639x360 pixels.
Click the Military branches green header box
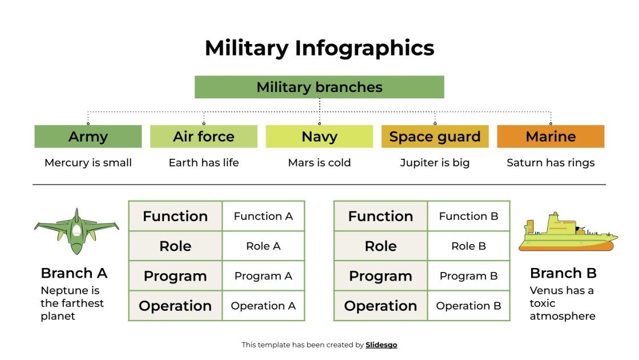click(319, 87)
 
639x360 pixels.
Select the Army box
click(88, 137)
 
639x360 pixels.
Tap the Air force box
click(204, 137)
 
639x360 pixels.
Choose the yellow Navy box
click(319, 137)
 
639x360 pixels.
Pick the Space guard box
click(435, 137)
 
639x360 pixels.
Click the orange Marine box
click(551, 137)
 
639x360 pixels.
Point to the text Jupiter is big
click(435, 163)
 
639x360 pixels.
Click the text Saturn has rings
click(551, 163)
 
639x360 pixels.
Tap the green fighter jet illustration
click(76, 231)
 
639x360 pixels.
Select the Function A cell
click(263, 216)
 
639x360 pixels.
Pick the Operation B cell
click(468, 306)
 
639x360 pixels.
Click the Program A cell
click(263, 276)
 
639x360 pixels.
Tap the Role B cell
click(468, 246)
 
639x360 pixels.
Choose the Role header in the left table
click(175, 246)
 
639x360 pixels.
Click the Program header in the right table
click(381, 276)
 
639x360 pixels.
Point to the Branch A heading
click(74, 273)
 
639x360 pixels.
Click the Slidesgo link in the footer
click(381, 345)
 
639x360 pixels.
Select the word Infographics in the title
click(365, 48)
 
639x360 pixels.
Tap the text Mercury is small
click(88, 163)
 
